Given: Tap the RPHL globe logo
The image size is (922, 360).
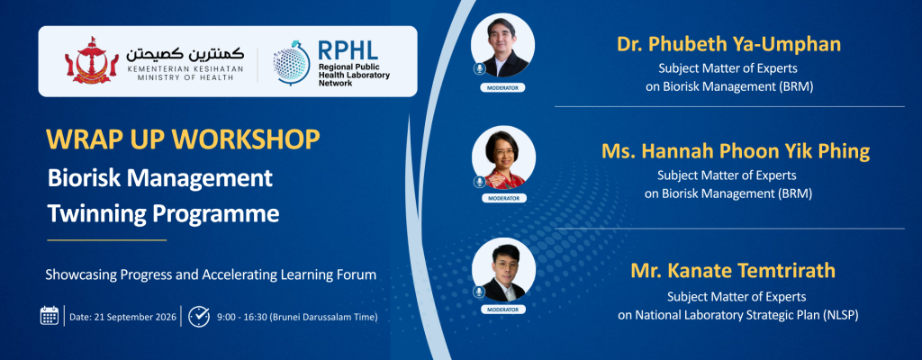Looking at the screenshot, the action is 293,62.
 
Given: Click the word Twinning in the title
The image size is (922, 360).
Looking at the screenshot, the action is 96,214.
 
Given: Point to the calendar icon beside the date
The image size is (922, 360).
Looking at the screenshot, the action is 50,316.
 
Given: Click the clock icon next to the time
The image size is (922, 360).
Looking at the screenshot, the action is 199,316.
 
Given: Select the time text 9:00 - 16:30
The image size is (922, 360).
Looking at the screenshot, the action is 241,317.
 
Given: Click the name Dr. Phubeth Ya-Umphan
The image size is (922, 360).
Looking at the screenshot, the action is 728,44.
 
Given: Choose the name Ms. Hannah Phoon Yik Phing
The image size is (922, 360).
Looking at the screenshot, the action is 735,152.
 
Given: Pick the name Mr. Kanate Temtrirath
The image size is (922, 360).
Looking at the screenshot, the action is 733,271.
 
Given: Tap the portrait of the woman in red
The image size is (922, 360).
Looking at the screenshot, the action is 503,157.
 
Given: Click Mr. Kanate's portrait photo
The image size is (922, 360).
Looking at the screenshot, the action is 503,270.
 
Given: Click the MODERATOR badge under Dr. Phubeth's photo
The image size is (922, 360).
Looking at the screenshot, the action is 502,88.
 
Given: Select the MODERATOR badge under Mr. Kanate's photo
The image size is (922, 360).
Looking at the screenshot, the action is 503,310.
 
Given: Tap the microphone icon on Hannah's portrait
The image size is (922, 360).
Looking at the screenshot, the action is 480,181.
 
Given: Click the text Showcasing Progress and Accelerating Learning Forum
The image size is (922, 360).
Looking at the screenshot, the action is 211,274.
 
